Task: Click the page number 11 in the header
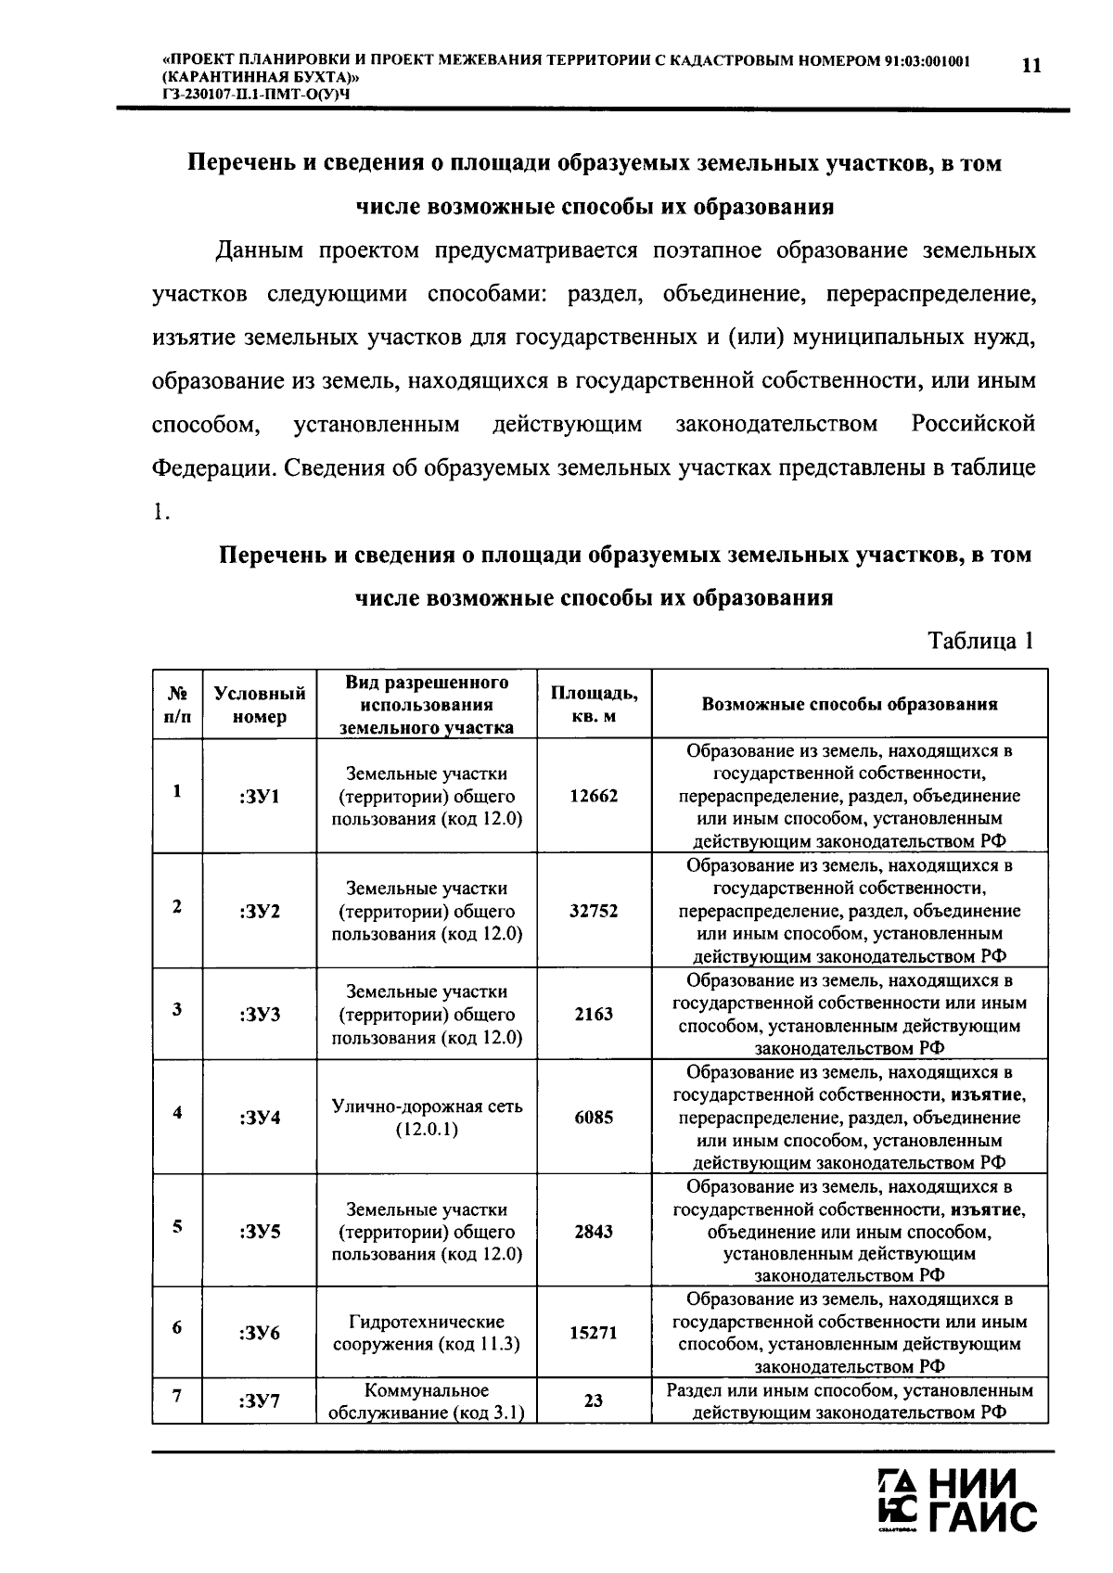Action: tap(1030, 66)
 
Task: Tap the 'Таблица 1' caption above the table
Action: tap(980, 641)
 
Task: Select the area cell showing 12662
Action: tap(594, 796)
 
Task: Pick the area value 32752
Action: tap(594, 911)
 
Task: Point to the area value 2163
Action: tap(594, 1014)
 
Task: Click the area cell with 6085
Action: tap(594, 1118)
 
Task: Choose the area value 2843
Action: tap(594, 1232)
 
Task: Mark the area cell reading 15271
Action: tap(594, 1333)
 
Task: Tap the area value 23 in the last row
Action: tap(594, 1400)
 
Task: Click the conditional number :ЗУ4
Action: tap(259, 1118)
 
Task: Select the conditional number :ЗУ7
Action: tap(259, 1400)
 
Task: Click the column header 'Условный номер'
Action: tap(259, 705)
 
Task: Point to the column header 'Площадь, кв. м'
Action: tap(594, 705)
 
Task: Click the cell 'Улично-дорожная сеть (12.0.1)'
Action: tap(427, 1118)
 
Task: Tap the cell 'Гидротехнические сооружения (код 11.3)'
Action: tap(427, 1333)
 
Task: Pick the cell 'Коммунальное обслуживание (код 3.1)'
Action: tap(427, 1401)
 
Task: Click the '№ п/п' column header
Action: tap(176, 705)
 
